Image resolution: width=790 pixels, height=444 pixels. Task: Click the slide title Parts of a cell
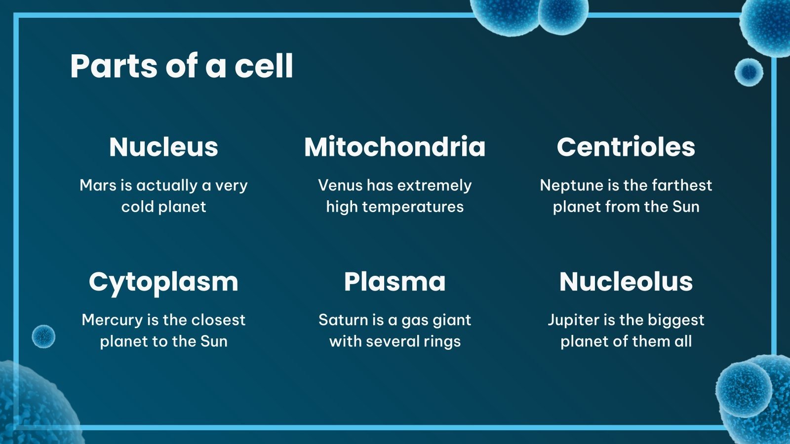click(x=182, y=66)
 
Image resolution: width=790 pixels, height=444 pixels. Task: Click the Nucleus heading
click(x=163, y=147)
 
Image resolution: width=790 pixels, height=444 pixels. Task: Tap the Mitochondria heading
click(x=395, y=147)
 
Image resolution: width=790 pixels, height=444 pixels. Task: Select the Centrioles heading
click(x=626, y=147)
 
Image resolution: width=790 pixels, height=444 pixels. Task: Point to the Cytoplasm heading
click(x=163, y=282)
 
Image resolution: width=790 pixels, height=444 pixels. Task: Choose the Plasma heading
click(x=395, y=282)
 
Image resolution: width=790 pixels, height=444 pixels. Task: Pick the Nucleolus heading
click(x=626, y=282)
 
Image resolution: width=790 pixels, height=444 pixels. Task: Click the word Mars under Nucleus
click(x=98, y=185)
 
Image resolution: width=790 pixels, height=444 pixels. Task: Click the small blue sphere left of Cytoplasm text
click(x=43, y=336)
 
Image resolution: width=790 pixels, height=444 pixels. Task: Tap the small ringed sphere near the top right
click(x=749, y=72)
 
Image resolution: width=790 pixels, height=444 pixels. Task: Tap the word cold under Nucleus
click(x=138, y=207)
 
